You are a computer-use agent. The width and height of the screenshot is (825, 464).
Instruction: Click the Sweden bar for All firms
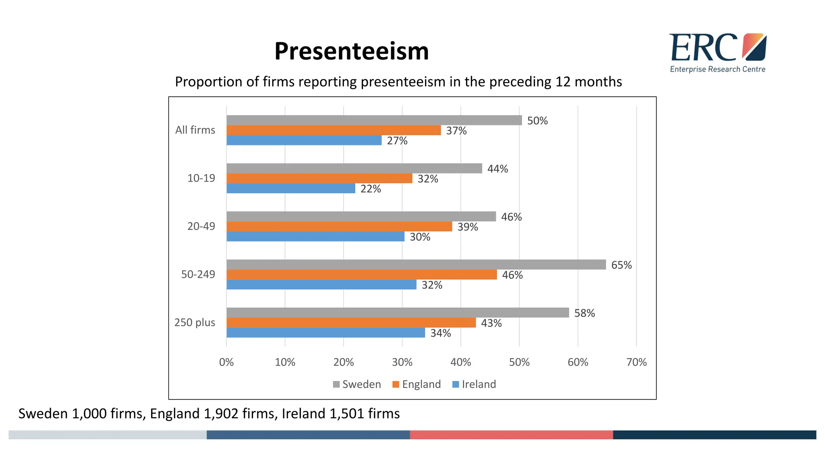pos(374,120)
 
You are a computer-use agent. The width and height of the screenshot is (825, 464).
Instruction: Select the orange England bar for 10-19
pos(319,178)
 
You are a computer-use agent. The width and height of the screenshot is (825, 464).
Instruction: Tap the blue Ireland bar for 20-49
pos(315,236)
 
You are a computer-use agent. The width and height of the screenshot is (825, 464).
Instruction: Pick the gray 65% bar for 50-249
pos(416,265)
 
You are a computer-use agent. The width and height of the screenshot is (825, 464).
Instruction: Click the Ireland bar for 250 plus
pos(325,333)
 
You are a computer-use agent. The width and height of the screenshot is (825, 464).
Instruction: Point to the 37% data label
pos(456,131)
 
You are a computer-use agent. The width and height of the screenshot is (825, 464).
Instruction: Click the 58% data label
pos(584,313)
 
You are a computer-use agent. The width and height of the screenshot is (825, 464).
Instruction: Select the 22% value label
pos(370,189)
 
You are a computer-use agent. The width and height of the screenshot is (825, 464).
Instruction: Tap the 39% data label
pos(467,227)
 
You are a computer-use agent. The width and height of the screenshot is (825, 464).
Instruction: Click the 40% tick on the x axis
pos(460,362)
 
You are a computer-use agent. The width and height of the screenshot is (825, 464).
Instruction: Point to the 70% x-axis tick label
pos(636,362)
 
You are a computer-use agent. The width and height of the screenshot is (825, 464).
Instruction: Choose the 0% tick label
pos(226,362)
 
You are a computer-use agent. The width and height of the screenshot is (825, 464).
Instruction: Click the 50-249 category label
pos(198,275)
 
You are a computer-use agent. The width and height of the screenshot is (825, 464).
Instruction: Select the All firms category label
pos(195,130)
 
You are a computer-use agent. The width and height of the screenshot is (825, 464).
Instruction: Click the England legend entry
pos(417,384)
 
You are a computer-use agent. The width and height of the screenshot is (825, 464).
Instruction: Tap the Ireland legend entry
pos(474,384)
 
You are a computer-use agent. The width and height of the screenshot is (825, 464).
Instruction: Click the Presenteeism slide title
pos(351,51)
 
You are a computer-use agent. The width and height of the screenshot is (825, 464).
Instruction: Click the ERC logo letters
pos(703,48)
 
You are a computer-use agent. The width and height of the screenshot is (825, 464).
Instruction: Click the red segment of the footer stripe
pos(511,435)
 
